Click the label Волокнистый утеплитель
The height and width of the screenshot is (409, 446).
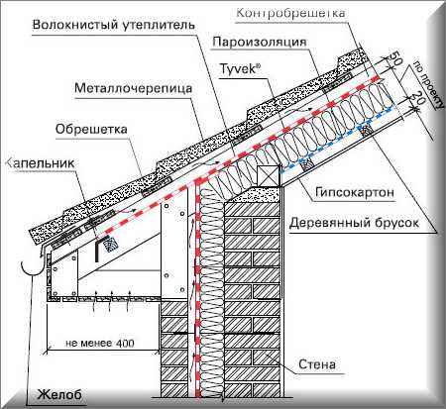click(x=114, y=25)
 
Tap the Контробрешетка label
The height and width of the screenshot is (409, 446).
click(x=291, y=13)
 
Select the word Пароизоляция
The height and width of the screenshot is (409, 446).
click(x=260, y=43)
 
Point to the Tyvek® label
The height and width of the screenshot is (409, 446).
click(x=240, y=69)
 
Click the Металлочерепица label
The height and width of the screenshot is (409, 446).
click(x=133, y=88)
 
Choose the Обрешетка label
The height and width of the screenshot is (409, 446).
click(x=91, y=129)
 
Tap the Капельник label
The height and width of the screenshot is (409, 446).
click(x=41, y=163)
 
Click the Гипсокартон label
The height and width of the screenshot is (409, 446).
click(x=355, y=192)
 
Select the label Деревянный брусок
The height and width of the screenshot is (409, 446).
click(x=354, y=223)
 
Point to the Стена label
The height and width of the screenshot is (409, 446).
click(x=317, y=364)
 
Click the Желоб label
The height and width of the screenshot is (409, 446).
click(x=58, y=394)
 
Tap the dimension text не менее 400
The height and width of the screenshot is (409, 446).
click(x=100, y=343)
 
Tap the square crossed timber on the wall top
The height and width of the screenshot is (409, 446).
click(x=269, y=175)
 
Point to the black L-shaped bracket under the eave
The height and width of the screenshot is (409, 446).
click(x=99, y=248)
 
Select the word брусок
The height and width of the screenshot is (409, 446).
click(x=395, y=223)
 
